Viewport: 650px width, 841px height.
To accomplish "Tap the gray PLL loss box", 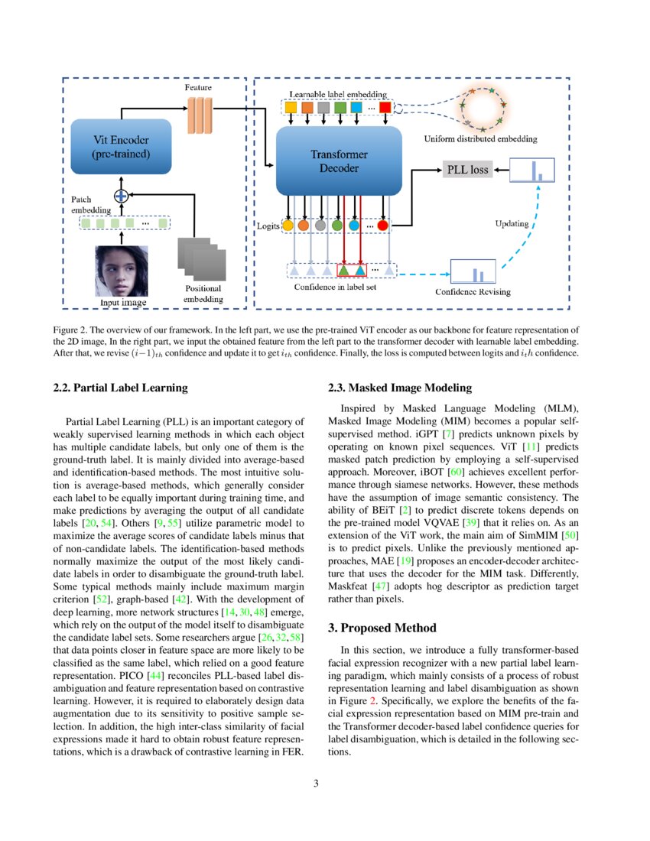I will pos(468,169).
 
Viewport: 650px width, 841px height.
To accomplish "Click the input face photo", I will pos(120,271).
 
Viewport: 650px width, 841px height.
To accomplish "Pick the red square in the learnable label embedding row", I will pos(385,108).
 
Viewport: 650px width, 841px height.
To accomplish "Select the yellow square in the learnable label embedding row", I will pos(291,108).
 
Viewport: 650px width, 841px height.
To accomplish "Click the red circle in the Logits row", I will pos(383,226).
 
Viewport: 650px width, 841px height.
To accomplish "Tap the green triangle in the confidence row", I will pos(344,270).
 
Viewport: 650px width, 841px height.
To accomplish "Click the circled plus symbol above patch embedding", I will pos(120,194).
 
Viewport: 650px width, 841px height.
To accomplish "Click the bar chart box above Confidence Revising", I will pos(473,271).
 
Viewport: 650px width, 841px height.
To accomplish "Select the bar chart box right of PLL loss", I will pos(532,170).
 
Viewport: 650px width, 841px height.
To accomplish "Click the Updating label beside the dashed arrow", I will pos(512,224).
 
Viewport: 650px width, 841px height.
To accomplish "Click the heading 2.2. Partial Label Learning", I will pos(120,388).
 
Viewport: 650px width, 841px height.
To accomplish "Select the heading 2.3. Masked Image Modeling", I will pos(399,388).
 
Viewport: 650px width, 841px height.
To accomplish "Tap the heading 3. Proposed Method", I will pos(382,628).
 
